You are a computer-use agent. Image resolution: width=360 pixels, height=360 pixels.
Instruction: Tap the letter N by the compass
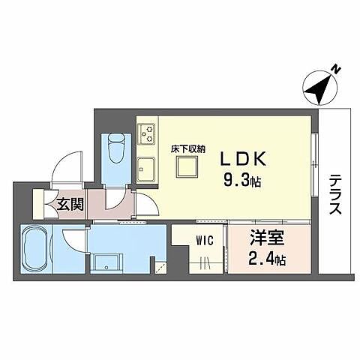[x=338, y=70]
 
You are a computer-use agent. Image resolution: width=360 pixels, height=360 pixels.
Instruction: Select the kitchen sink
[x=147, y=167]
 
